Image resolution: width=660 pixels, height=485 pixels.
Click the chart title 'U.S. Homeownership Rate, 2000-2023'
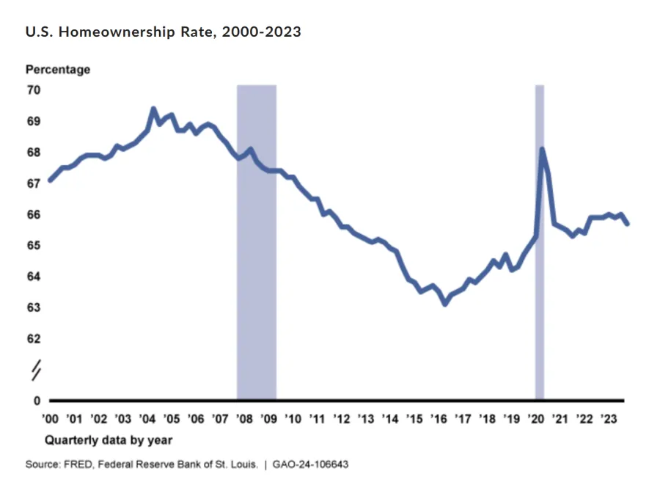(x=164, y=32)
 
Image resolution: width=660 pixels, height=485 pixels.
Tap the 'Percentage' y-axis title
(x=58, y=70)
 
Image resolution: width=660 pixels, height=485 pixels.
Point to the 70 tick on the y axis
(x=34, y=90)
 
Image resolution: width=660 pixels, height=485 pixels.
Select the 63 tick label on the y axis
(x=34, y=307)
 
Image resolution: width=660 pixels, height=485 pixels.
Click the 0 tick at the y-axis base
(x=37, y=401)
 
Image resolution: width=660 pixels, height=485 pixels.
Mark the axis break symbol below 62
(x=37, y=370)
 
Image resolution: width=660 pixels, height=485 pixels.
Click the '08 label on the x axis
(x=244, y=419)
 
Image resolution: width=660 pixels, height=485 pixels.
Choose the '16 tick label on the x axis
(x=439, y=419)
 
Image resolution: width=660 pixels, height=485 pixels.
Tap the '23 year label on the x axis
(x=609, y=419)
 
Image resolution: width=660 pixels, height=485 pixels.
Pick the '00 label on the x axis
(x=50, y=419)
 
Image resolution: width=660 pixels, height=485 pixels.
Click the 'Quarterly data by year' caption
(x=109, y=440)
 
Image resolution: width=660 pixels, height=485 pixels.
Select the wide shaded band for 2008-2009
(x=257, y=241)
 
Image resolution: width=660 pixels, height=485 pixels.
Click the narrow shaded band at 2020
(x=540, y=241)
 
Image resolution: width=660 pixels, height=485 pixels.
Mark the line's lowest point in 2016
(x=445, y=303)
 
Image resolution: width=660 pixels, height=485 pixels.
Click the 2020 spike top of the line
(x=542, y=149)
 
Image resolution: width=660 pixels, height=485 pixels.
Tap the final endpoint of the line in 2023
(x=627, y=224)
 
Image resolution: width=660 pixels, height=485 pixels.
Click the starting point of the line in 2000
(x=50, y=180)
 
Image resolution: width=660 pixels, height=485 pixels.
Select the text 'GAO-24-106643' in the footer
(x=310, y=464)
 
